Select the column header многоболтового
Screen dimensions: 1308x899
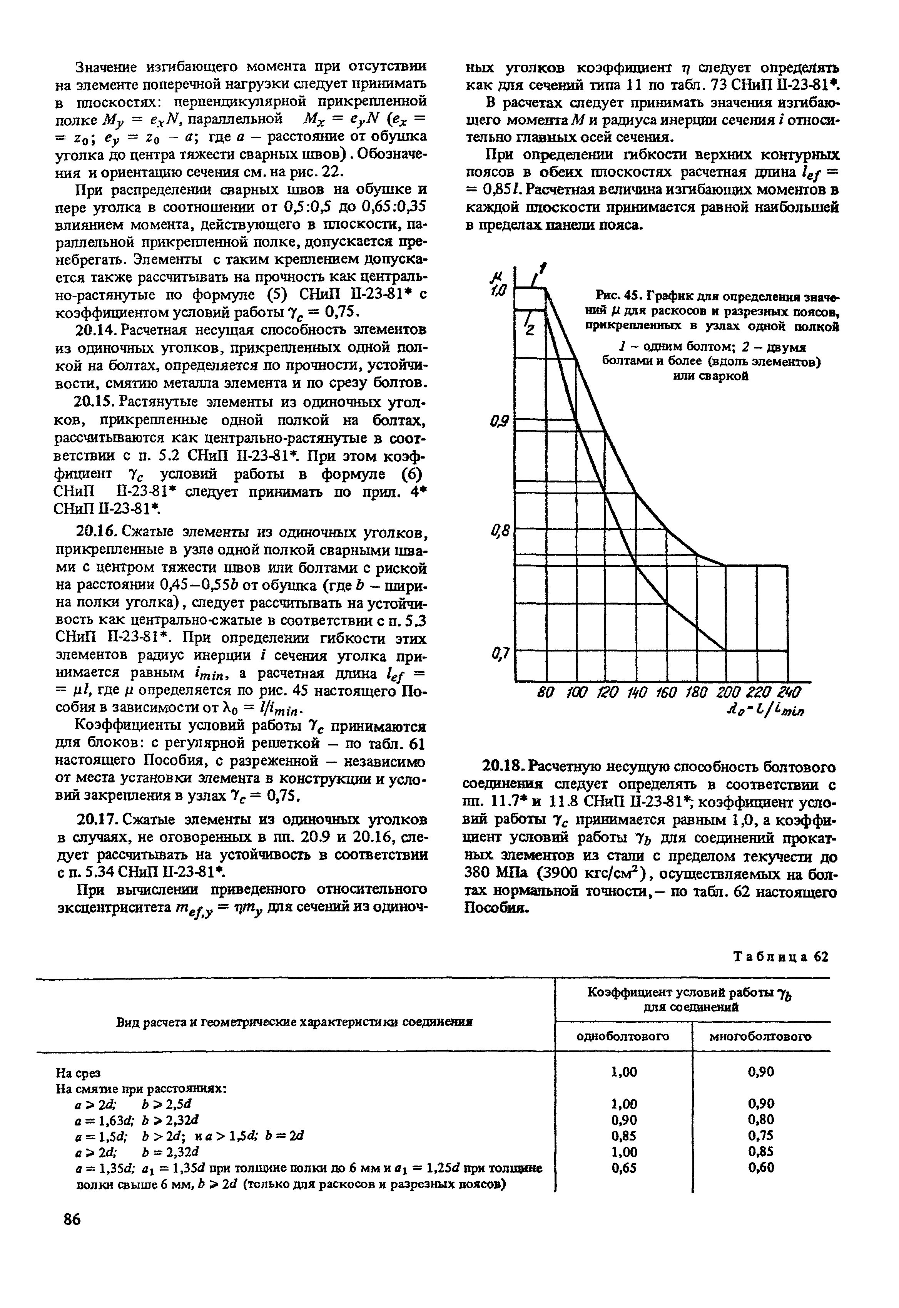(760, 1037)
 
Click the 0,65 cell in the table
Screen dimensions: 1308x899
(624, 1167)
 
